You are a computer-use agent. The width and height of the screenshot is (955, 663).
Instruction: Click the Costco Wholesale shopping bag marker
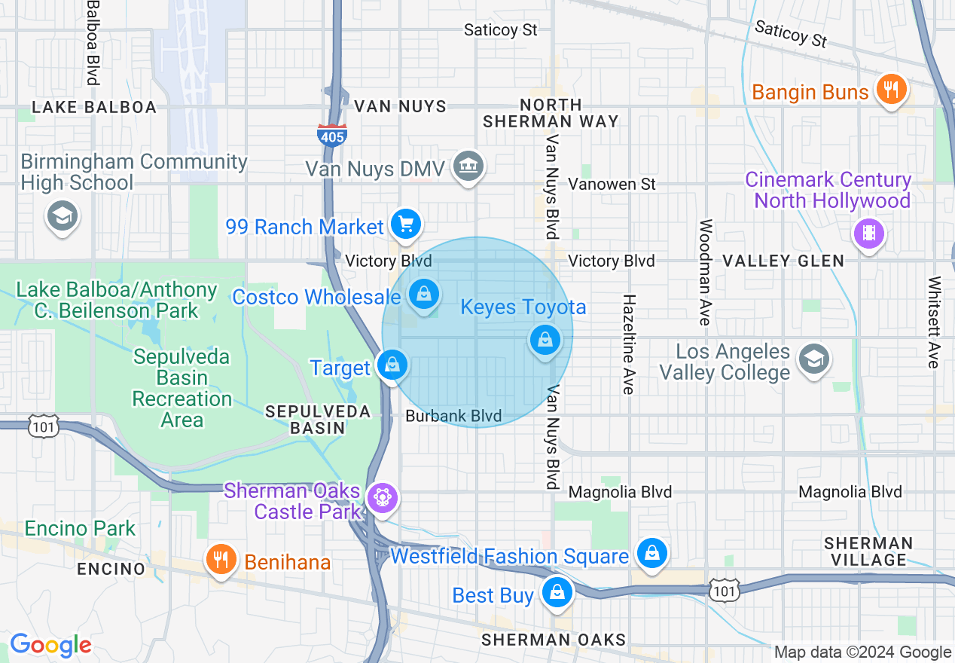coord(424,295)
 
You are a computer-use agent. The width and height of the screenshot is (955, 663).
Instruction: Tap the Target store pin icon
coord(392,365)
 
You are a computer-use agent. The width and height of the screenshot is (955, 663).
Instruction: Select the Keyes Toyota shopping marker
coord(545,340)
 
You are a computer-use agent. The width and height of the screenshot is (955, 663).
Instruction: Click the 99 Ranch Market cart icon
coord(406,224)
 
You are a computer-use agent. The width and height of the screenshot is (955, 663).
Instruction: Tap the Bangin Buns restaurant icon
coord(892,90)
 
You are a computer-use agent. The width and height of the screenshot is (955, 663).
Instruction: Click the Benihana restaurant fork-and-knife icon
coord(221,560)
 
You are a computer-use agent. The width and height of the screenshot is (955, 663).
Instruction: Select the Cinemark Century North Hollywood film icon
coord(869,233)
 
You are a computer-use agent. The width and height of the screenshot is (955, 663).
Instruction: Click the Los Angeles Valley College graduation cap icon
coord(813,359)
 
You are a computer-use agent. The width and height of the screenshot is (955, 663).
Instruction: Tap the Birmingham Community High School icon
coord(62,216)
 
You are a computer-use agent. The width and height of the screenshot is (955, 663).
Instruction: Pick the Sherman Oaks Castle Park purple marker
coord(383,497)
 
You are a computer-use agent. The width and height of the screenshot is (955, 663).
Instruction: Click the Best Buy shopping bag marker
coord(557,593)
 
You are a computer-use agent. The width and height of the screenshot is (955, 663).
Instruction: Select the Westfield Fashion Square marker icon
coord(651,554)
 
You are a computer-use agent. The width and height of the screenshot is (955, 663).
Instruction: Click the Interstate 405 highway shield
coord(332,134)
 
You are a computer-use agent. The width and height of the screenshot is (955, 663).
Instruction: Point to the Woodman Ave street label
coord(705,272)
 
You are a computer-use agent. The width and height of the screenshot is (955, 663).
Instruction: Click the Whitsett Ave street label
coord(935,322)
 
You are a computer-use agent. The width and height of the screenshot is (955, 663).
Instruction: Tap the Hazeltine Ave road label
coord(628,344)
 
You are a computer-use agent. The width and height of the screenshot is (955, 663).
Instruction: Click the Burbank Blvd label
coord(453,416)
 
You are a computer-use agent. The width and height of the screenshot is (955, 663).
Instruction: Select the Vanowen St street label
coord(612,184)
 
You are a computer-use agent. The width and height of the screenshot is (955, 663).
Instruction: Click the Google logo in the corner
coord(50,645)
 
